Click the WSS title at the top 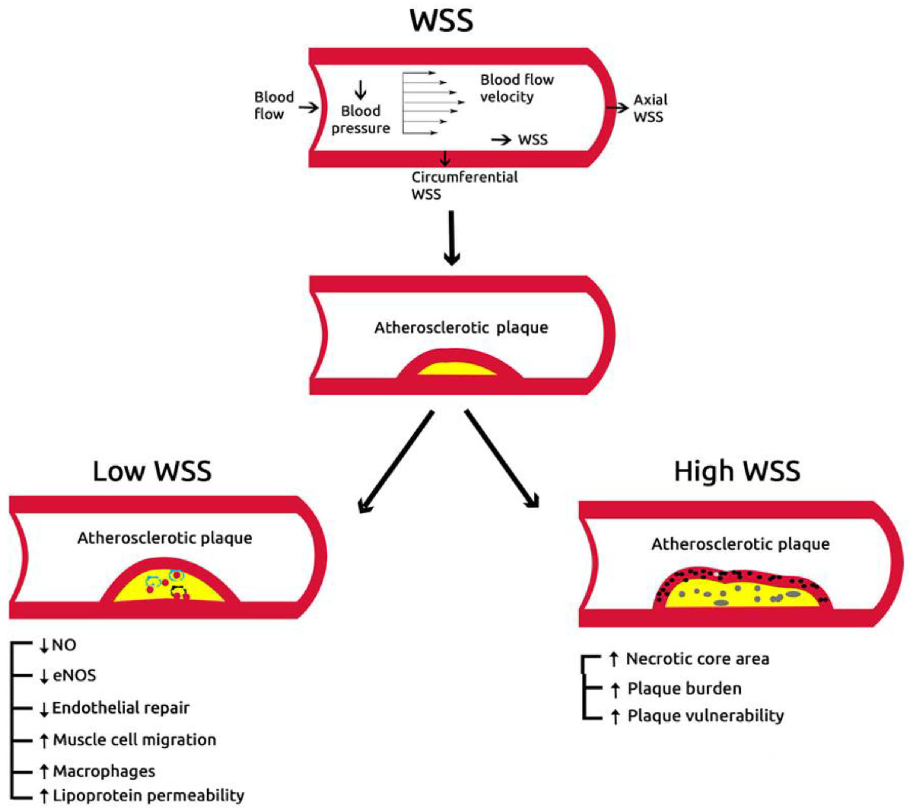(441, 21)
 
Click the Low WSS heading (152, 472)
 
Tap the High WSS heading (737, 472)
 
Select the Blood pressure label (360, 119)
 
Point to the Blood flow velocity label (517, 88)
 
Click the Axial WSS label (650, 109)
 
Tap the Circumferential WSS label (464, 186)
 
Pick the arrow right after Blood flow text (308, 107)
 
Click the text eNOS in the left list (74, 676)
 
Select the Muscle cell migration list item (134, 740)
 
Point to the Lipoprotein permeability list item (148, 795)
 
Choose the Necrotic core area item (697, 659)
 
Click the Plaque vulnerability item (705, 716)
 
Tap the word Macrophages (104, 771)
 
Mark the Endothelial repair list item (121, 708)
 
